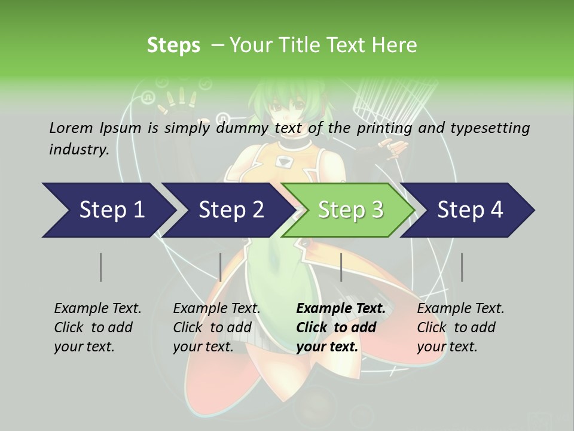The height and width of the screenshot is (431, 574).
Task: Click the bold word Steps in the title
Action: point(173,45)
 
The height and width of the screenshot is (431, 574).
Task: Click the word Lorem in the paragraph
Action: point(71,128)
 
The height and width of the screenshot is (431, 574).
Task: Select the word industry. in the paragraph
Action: point(80,149)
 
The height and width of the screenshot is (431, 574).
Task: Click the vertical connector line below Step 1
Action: point(100,267)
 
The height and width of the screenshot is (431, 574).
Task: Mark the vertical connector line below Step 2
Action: point(221,267)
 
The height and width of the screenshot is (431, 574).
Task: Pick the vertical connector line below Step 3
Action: point(341,267)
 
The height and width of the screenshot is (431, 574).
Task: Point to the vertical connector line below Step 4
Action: point(462,267)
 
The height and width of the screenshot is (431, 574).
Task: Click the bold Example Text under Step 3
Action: point(341,308)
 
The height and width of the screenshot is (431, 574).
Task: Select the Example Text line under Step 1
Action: point(97,308)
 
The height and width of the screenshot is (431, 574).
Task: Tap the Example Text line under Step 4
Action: point(460,308)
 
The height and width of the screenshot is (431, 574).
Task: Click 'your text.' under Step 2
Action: point(203,347)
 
